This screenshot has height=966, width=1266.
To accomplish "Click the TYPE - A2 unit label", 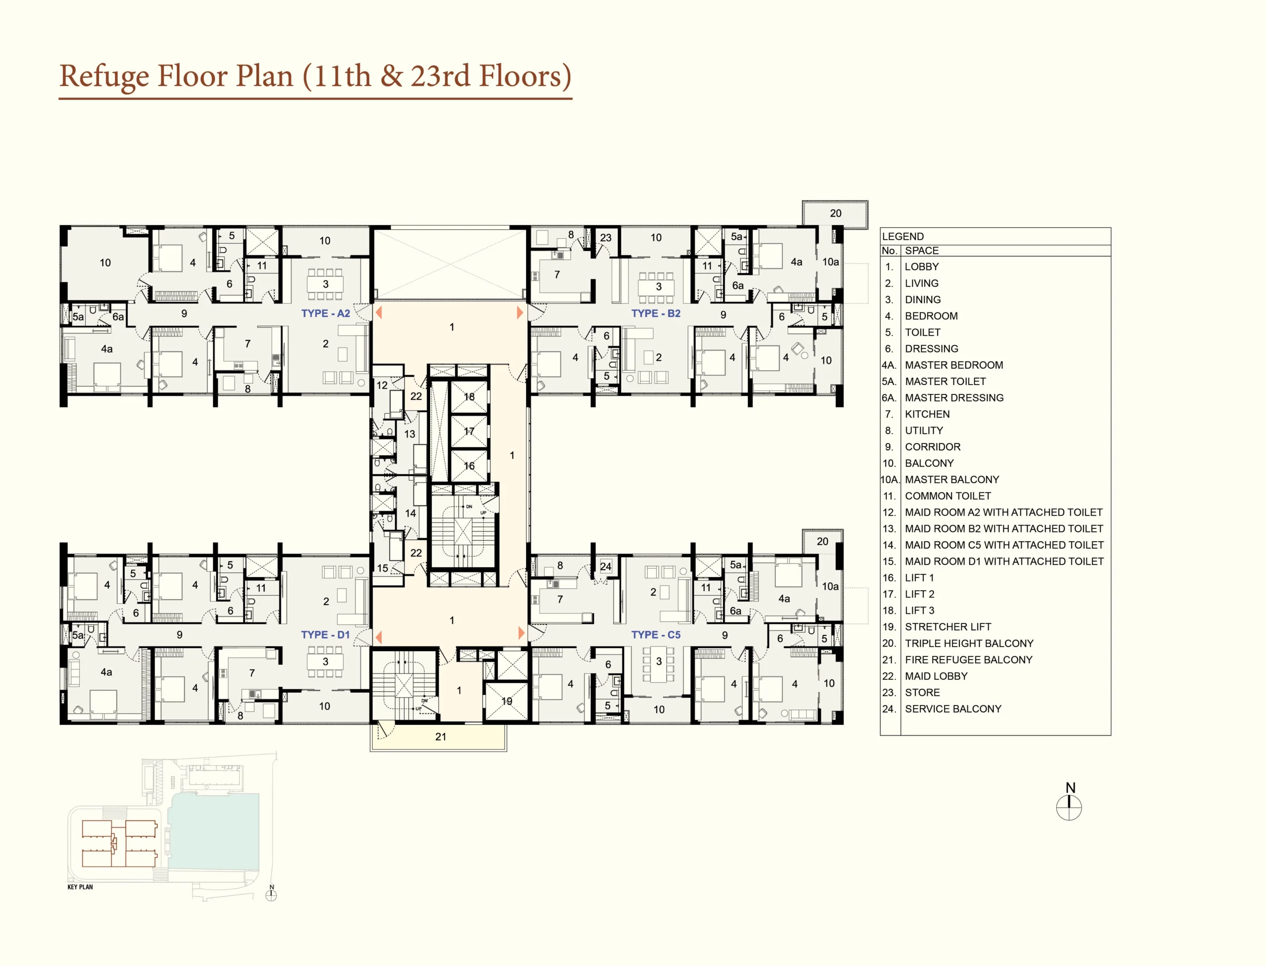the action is pyautogui.click(x=325, y=313).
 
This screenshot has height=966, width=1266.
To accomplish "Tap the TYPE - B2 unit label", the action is pyautogui.click(x=656, y=313).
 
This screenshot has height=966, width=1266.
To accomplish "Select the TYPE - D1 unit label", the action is pyautogui.click(x=325, y=635).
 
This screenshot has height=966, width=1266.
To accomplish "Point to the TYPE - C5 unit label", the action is pyautogui.click(x=656, y=635).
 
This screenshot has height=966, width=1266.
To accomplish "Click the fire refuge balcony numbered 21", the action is pyautogui.click(x=438, y=737).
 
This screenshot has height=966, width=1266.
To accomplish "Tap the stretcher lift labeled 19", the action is pyautogui.click(x=506, y=701).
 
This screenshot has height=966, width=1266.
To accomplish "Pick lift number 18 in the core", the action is pyautogui.click(x=469, y=397).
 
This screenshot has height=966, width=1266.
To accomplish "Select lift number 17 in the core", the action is pyautogui.click(x=469, y=431).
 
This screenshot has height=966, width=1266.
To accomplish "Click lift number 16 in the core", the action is pyautogui.click(x=469, y=466).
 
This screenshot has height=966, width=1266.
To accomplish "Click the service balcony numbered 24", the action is pyautogui.click(x=606, y=567).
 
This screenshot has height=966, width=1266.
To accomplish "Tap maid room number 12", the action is pyautogui.click(x=382, y=385).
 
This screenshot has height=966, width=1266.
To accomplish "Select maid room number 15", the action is pyautogui.click(x=382, y=568).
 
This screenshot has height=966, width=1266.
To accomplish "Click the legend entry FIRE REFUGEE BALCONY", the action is pyautogui.click(x=969, y=660).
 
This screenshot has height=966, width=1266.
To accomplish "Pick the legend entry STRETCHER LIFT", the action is pyautogui.click(x=948, y=627).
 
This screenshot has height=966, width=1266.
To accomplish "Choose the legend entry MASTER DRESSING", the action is pyautogui.click(x=954, y=398).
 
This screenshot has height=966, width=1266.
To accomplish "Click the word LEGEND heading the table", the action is pyautogui.click(x=903, y=236).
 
